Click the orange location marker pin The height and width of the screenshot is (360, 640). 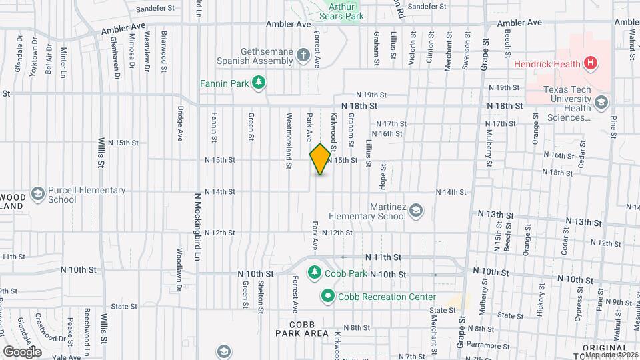pos(320,159)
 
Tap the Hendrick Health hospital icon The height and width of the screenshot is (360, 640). pos(589,64)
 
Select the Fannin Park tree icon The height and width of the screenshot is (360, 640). pos(259,83)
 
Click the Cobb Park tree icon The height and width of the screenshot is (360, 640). pos(314,273)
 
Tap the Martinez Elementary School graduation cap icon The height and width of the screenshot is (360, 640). pos(416,211)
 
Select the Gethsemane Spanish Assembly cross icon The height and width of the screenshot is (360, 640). pos(303,55)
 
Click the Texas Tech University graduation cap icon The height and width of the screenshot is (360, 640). pos(602,102)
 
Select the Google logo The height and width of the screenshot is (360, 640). pos(23,351)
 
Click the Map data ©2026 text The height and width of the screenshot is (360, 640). pos(611,354)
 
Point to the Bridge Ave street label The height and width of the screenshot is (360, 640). pos(180,123)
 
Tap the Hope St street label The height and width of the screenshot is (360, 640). pos(383,175)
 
